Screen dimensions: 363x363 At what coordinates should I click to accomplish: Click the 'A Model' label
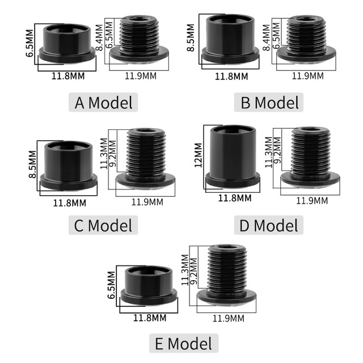click(104, 103)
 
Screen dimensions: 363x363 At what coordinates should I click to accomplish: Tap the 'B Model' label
click(268, 103)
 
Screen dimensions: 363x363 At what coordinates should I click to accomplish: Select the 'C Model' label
click(104, 225)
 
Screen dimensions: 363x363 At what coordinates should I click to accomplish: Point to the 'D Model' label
click(268, 225)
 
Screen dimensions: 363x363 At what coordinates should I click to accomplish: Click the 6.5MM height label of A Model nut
click(30, 44)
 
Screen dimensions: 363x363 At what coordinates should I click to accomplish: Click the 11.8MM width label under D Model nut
click(235, 198)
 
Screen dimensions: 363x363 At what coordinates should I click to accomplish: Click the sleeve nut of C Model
click(67, 164)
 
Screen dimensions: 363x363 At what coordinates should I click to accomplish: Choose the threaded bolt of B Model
click(306, 40)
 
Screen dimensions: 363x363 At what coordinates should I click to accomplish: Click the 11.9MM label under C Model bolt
click(147, 201)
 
